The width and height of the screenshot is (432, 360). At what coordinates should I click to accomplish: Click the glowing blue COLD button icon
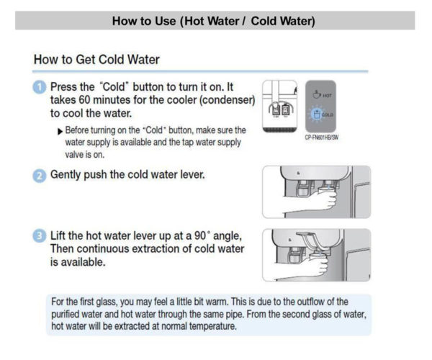point(318,114)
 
